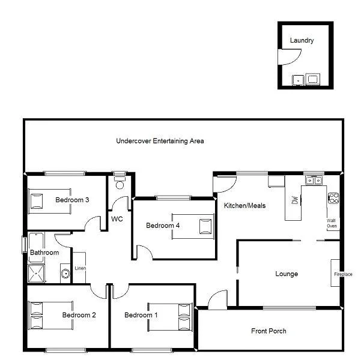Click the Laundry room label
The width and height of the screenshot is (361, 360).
point(302,41)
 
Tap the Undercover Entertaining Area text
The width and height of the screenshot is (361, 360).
point(160,141)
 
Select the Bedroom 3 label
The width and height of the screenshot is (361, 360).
point(73,200)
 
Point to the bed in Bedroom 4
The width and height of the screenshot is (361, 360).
point(193,226)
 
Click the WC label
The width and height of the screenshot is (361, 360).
point(117,219)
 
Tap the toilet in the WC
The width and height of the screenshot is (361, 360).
point(119,182)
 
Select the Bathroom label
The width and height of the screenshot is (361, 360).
point(44,253)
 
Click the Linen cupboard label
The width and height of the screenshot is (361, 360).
point(79,268)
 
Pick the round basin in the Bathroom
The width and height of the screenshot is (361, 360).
point(65,275)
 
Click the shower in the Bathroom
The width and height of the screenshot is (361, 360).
point(37,273)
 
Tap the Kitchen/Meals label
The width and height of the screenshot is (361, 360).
point(244,205)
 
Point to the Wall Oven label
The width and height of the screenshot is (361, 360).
point(332,223)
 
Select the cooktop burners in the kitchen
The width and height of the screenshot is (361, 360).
point(333,197)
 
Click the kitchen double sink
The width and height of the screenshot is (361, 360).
point(313,179)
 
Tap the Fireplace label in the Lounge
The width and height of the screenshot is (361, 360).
point(343,274)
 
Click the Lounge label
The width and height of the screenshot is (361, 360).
point(287,274)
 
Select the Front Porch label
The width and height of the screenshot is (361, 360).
point(268,331)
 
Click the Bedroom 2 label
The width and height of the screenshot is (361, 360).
point(79,315)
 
